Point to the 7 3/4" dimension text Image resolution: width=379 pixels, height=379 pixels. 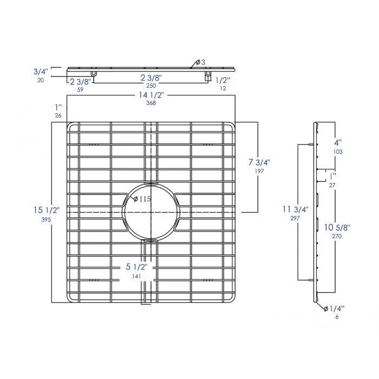click(259, 162)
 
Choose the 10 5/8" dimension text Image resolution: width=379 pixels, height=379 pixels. click(338, 228)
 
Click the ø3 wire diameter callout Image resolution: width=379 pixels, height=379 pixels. click(199, 61)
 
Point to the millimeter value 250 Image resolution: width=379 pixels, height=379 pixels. click(151, 86)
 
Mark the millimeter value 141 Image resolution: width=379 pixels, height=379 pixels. click(136, 277)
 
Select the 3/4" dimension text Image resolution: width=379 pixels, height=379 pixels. click(41, 71)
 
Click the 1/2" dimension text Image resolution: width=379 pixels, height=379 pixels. click(223, 80)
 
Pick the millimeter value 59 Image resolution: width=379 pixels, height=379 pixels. click(80, 90)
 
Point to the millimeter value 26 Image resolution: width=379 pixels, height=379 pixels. click(58, 116)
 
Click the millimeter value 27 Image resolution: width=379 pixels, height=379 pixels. click(332, 185)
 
